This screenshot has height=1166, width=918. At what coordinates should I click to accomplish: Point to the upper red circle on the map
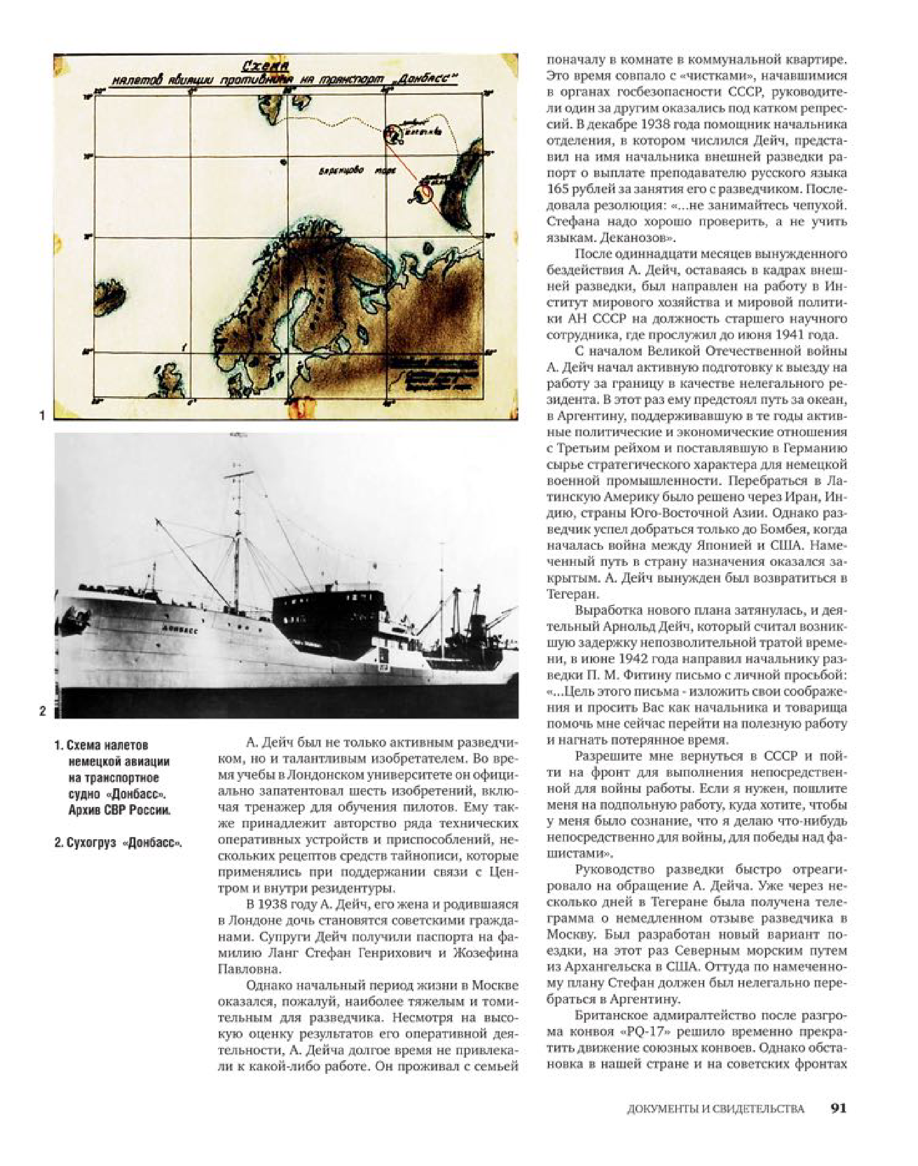tap(393, 133)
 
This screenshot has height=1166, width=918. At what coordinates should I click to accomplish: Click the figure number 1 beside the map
tap(42, 415)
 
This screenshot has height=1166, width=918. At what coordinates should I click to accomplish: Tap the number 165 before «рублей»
tap(560, 189)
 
